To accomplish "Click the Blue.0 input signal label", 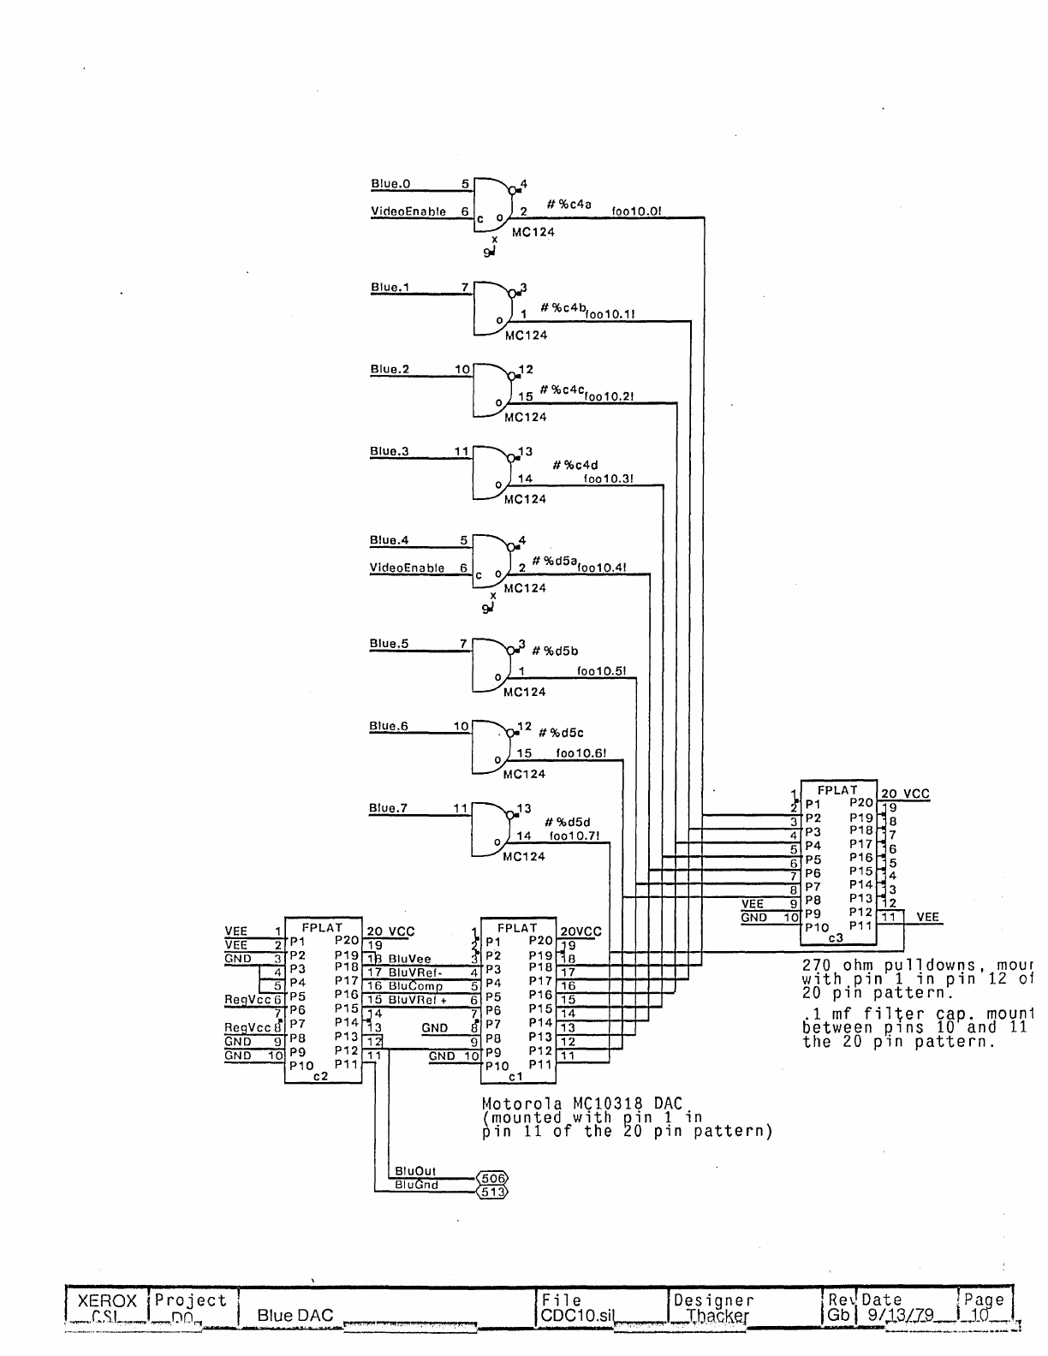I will click(390, 184).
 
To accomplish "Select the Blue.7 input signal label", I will click(388, 807).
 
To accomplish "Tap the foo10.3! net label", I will click(608, 479).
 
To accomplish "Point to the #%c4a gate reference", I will click(569, 205).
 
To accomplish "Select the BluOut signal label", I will click(415, 1171).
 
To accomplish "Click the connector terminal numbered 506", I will click(492, 1178).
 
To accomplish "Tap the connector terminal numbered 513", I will click(492, 1192).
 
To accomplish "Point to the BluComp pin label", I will click(415, 986).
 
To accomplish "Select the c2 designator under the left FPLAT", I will click(320, 1077).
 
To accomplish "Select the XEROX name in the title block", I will click(107, 1301).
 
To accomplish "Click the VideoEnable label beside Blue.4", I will click(407, 568).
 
